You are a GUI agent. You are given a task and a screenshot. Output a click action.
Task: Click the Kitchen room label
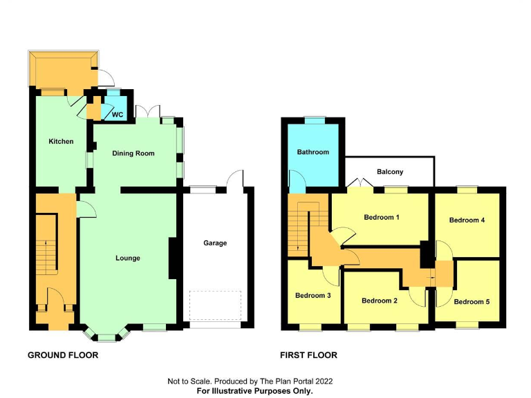click(x=61, y=142)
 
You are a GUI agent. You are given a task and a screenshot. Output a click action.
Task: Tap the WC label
click(x=118, y=115)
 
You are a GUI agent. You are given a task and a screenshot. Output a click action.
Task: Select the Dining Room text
click(x=134, y=153)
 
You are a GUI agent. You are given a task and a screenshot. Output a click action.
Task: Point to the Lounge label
click(x=128, y=258)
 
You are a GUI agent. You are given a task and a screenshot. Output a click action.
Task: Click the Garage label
click(x=215, y=243)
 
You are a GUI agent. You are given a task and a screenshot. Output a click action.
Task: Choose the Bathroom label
click(x=313, y=152)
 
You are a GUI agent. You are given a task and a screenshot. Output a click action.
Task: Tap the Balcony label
click(x=390, y=172)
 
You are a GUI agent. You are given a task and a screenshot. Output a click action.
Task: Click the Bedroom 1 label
click(x=382, y=217)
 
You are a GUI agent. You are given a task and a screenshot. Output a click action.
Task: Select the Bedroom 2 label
click(x=380, y=301)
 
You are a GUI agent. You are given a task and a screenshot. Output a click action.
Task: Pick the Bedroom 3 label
click(x=313, y=296)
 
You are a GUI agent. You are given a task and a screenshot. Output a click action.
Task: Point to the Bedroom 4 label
click(x=467, y=220)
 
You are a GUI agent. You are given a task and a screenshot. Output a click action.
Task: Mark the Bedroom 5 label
click(x=472, y=301)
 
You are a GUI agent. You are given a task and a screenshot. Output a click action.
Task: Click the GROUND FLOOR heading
click(x=63, y=355)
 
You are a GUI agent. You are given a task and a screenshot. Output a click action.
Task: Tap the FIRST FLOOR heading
click(x=308, y=355)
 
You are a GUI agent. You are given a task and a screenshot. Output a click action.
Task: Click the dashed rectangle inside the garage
click(x=215, y=305)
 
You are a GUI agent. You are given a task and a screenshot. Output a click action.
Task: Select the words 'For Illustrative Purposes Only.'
click(x=255, y=391)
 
